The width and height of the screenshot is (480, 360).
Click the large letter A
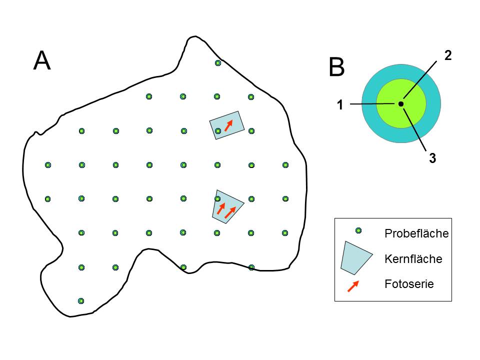[42, 61]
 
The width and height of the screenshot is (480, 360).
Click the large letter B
[337, 67]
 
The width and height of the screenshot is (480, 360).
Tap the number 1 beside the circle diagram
[340, 104]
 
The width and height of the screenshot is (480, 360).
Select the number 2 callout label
[448, 55]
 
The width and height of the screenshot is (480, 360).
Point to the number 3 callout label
[432, 158]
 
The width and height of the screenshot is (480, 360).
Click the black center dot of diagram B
[401, 103]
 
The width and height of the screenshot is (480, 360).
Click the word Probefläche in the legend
[416, 233]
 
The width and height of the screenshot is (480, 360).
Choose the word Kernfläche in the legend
[413, 259]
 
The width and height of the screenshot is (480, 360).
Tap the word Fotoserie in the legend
[409, 284]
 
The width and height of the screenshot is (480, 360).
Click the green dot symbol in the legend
[358, 230]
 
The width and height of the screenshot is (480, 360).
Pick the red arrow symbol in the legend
[353, 286]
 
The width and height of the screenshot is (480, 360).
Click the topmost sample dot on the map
[217, 63]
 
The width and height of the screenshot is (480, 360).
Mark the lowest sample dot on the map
[81, 301]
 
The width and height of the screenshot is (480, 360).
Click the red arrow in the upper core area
[228, 125]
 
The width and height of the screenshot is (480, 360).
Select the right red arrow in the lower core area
[230, 212]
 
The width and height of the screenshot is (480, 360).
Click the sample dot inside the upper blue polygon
[217, 131]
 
